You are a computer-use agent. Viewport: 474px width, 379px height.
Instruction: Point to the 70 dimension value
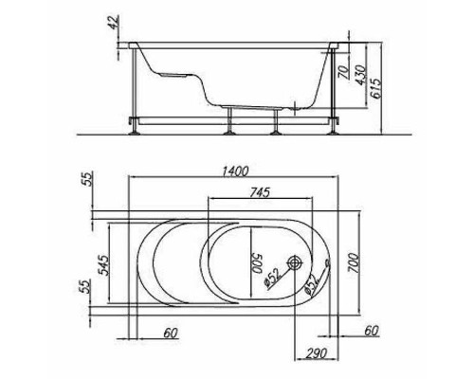click(345, 71)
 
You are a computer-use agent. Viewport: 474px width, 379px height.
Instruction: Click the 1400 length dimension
click(236, 171)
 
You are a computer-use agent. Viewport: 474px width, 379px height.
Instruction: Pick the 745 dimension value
click(260, 192)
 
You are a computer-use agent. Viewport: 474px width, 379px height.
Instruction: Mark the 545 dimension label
click(103, 264)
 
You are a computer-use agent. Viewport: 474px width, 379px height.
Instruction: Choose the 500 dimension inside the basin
click(258, 262)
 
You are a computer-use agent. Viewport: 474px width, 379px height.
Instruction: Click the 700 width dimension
click(354, 262)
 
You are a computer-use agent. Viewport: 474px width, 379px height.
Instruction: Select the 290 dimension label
click(317, 352)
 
